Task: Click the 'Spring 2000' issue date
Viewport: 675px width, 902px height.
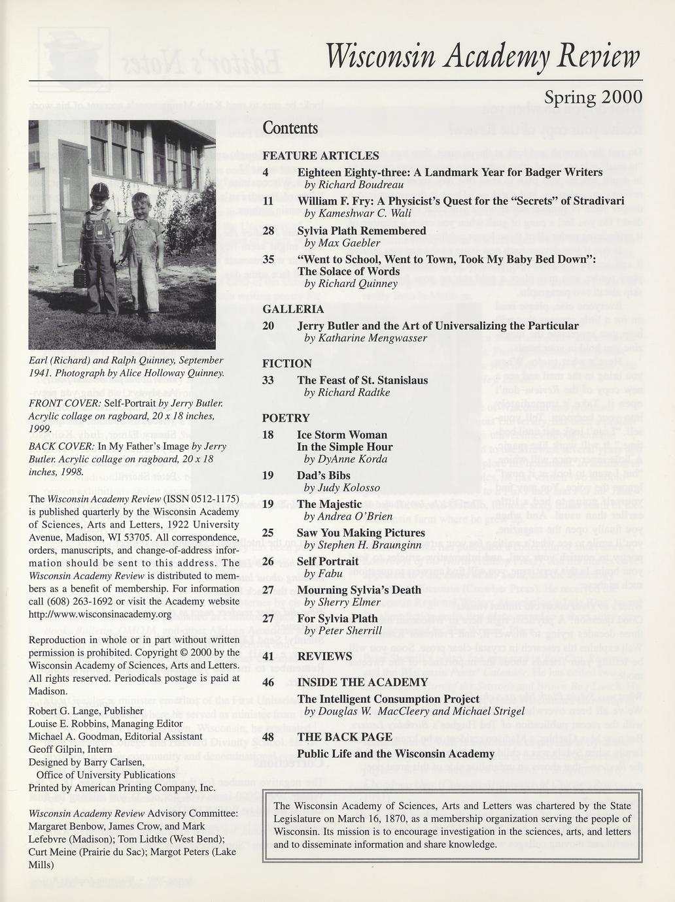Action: tap(593, 98)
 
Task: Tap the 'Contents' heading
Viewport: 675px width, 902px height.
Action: tap(290, 128)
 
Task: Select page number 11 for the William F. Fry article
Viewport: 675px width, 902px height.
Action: tap(268, 201)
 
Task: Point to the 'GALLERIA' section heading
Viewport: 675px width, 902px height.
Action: tap(292, 309)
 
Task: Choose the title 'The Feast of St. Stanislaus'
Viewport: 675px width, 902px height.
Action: tap(362, 380)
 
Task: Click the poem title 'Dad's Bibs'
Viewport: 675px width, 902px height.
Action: tap(324, 476)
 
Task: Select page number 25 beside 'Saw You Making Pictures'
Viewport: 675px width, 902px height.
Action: tap(268, 533)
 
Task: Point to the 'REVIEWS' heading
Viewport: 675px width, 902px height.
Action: tap(324, 656)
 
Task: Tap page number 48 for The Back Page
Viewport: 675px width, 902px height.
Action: tap(268, 737)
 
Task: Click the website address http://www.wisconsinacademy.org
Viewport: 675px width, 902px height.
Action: tap(100, 614)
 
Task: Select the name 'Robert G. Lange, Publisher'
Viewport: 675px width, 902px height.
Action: tap(86, 710)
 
